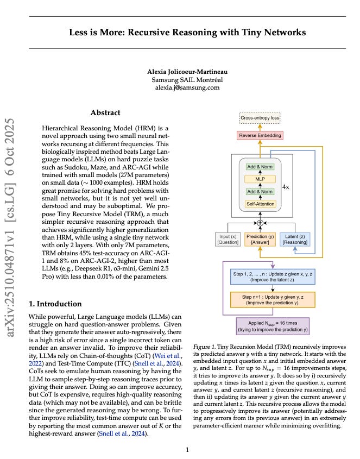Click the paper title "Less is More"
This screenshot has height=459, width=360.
(x=187, y=33)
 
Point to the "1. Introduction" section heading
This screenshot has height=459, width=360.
(x=55, y=303)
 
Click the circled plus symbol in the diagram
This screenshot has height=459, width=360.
(x=260, y=223)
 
